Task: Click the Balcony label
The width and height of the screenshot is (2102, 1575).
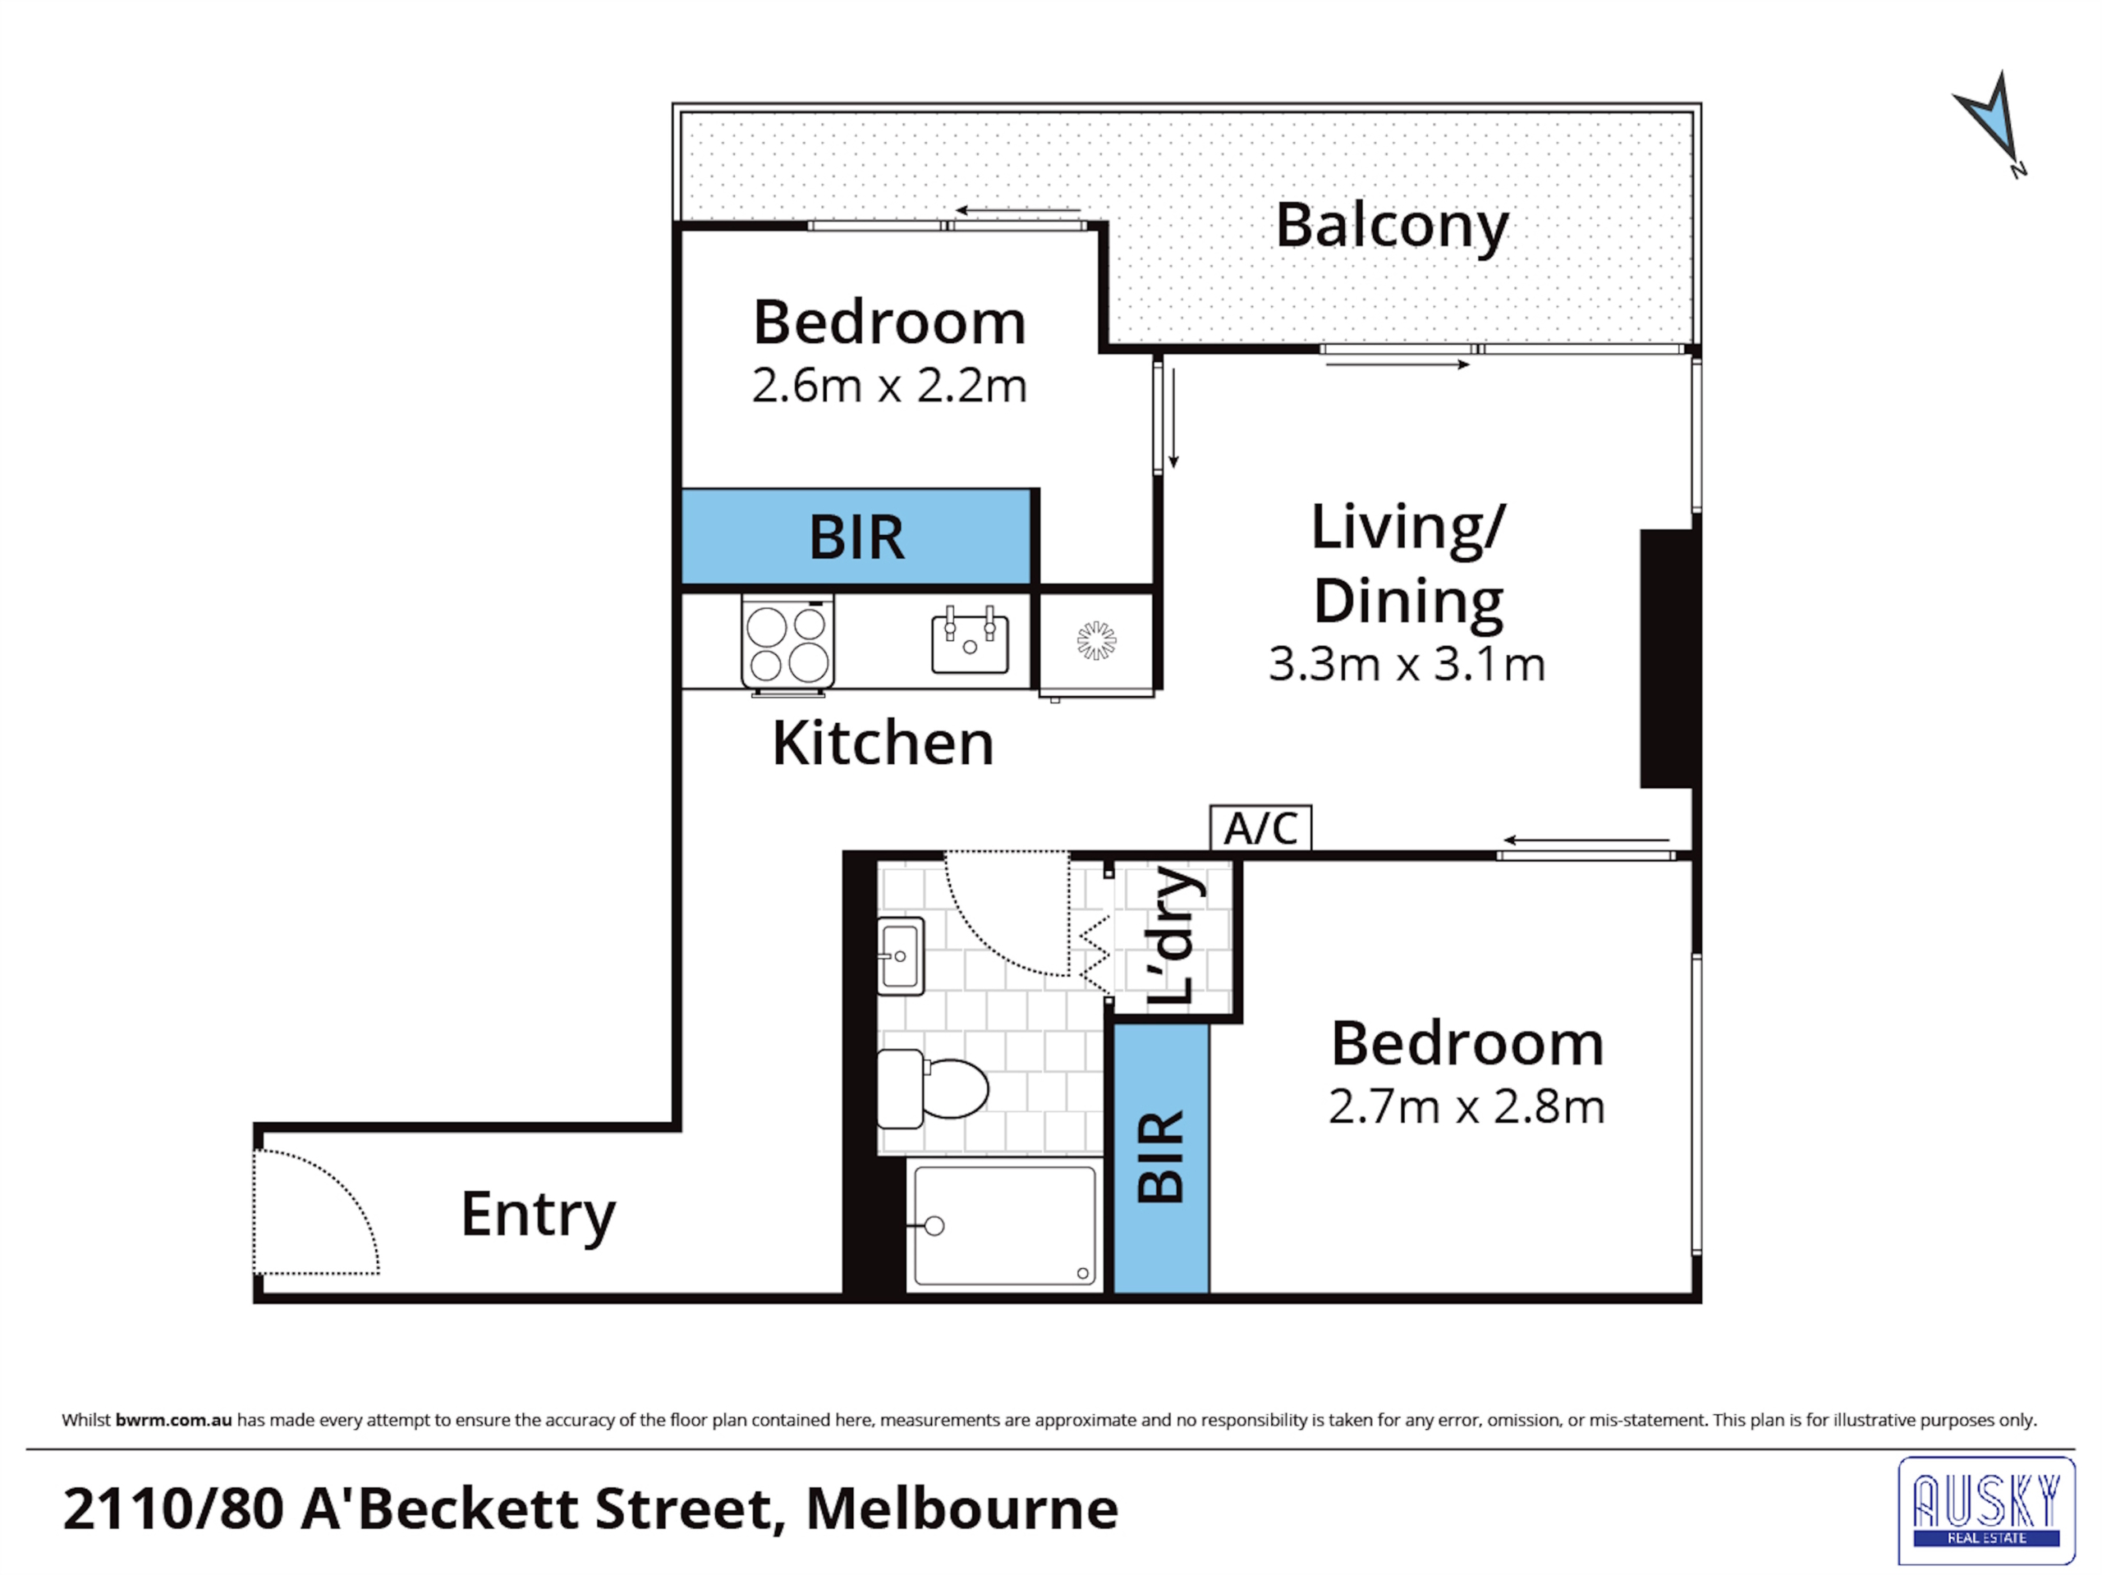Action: (x=1391, y=228)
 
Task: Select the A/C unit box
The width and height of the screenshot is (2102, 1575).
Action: (x=1260, y=828)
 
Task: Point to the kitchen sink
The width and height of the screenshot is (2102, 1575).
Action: (x=969, y=640)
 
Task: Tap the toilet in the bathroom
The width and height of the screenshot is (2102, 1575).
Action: (x=932, y=1088)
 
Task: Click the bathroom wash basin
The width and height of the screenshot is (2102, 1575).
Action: (x=900, y=955)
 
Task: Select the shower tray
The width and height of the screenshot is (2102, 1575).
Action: (x=1004, y=1225)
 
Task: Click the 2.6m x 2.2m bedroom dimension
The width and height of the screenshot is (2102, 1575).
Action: (x=889, y=386)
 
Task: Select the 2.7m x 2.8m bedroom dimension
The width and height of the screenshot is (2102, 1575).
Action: (x=1466, y=1106)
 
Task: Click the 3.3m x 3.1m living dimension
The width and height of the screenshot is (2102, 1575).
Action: (x=1407, y=664)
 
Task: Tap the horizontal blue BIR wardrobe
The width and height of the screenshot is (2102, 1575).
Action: (x=856, y=537)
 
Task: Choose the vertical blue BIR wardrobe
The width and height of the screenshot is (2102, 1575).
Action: (x=1161, y=1158)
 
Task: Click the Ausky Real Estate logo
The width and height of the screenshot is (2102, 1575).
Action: (x=1987, y=1510)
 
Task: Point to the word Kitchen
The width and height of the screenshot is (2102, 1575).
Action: (x=883, y=743)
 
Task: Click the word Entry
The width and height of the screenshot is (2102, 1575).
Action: (x=538, y=1216)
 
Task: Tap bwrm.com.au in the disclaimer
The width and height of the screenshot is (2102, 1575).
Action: (x=174, y=1420)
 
